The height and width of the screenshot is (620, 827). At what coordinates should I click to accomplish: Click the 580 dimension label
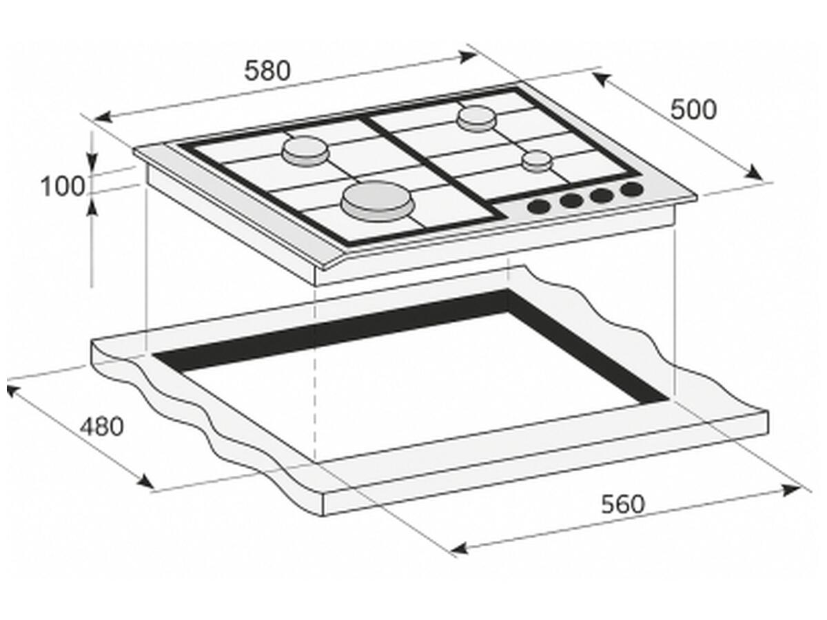coord(267,71)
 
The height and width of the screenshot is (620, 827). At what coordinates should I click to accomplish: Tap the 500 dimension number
coord(693,110)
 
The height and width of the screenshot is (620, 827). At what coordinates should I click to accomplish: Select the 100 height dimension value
coord(63,186)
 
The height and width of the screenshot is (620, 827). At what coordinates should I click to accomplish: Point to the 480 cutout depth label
coord(101,426)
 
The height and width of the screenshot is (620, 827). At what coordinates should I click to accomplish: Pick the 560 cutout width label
coord(623,504)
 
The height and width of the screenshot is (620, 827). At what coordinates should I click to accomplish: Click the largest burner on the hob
coord(378,202)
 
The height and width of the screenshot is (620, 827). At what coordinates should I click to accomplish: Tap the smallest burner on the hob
coord(537,161)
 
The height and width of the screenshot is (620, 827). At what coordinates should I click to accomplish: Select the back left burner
coord(305,151)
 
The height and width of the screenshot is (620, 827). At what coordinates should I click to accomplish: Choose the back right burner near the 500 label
coord(476,118)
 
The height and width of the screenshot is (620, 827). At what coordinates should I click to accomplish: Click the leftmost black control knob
coord(539,206)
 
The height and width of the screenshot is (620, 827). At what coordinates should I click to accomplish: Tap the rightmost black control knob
coord(632,189)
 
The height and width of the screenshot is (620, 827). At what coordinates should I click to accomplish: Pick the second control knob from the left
coord(571,201)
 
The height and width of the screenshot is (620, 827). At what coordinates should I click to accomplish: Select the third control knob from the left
coord(602,195)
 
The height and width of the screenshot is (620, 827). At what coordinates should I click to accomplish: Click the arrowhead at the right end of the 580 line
coord(469,56)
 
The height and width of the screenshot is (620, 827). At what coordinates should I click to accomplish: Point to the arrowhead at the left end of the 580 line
coord(103,117)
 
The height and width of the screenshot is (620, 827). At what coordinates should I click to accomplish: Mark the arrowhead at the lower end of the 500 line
coord(754,172)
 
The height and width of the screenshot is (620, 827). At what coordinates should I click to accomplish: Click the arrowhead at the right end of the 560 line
coord(791,490)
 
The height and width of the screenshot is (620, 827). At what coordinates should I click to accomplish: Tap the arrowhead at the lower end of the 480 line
coord(146,482)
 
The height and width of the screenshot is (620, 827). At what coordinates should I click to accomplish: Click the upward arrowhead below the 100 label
coord(92,208)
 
